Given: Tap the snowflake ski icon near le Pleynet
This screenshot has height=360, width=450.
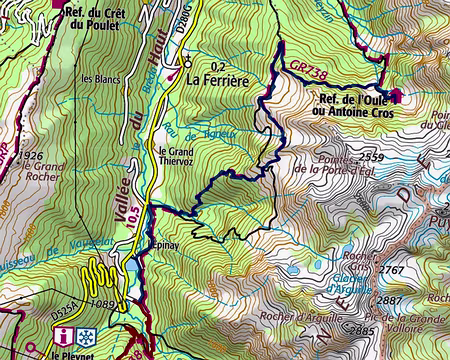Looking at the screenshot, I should (87, 336).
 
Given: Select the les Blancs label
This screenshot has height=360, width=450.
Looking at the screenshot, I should (100, 79).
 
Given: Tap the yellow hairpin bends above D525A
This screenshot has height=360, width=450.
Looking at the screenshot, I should (97, 275).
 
